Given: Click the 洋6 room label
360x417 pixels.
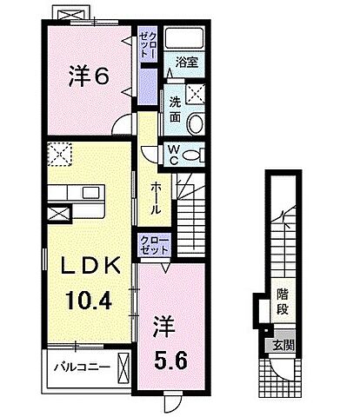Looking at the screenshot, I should (89, 76).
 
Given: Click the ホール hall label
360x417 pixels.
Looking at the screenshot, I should (155, 199).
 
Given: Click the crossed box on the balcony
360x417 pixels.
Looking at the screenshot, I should (123, 366).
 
